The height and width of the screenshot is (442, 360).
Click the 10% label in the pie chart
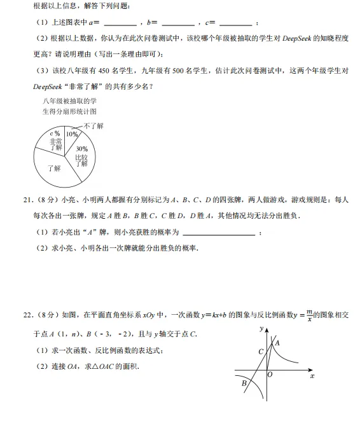pos(72,135)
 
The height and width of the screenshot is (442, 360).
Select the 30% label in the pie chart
pos(81,149)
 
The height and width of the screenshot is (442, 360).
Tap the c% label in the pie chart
pos(55,134)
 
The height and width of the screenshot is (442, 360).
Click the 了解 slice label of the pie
pos(53,169)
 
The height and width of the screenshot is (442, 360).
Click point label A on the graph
pos(277,343)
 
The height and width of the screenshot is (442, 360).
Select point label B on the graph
pos(244,383)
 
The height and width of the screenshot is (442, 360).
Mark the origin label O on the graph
pos(270,375)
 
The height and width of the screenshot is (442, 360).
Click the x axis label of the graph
pos(312,376)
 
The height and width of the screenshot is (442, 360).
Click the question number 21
pos(27,200)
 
